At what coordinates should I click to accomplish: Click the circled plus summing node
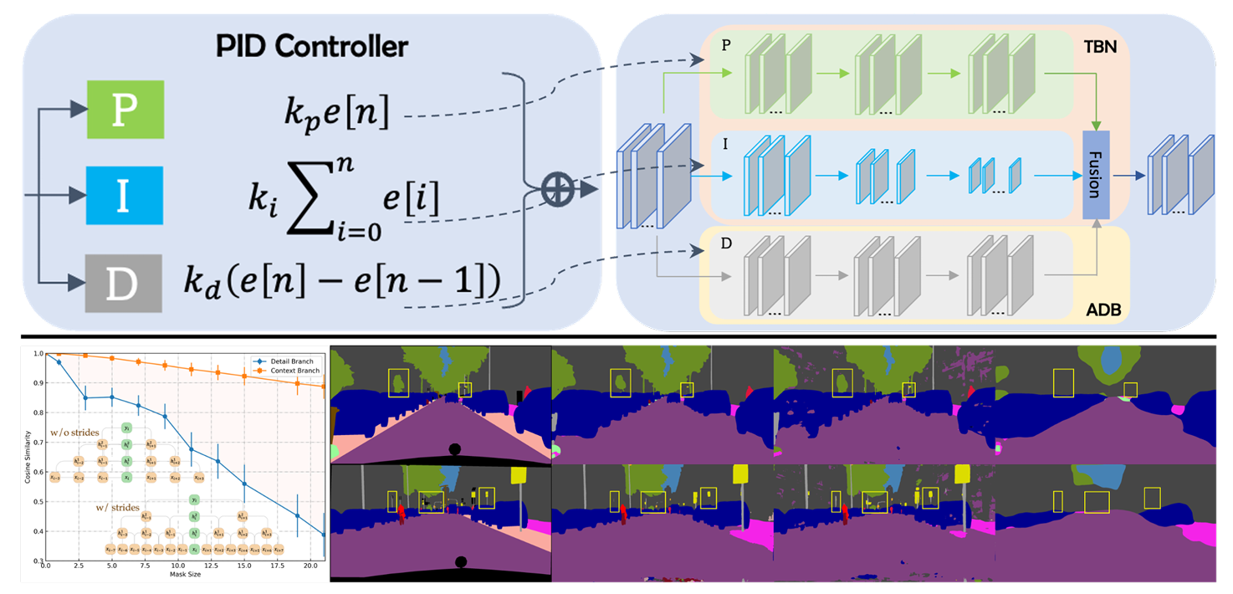tap(555, 189)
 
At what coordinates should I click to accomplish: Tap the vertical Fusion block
tap(1095, 175)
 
